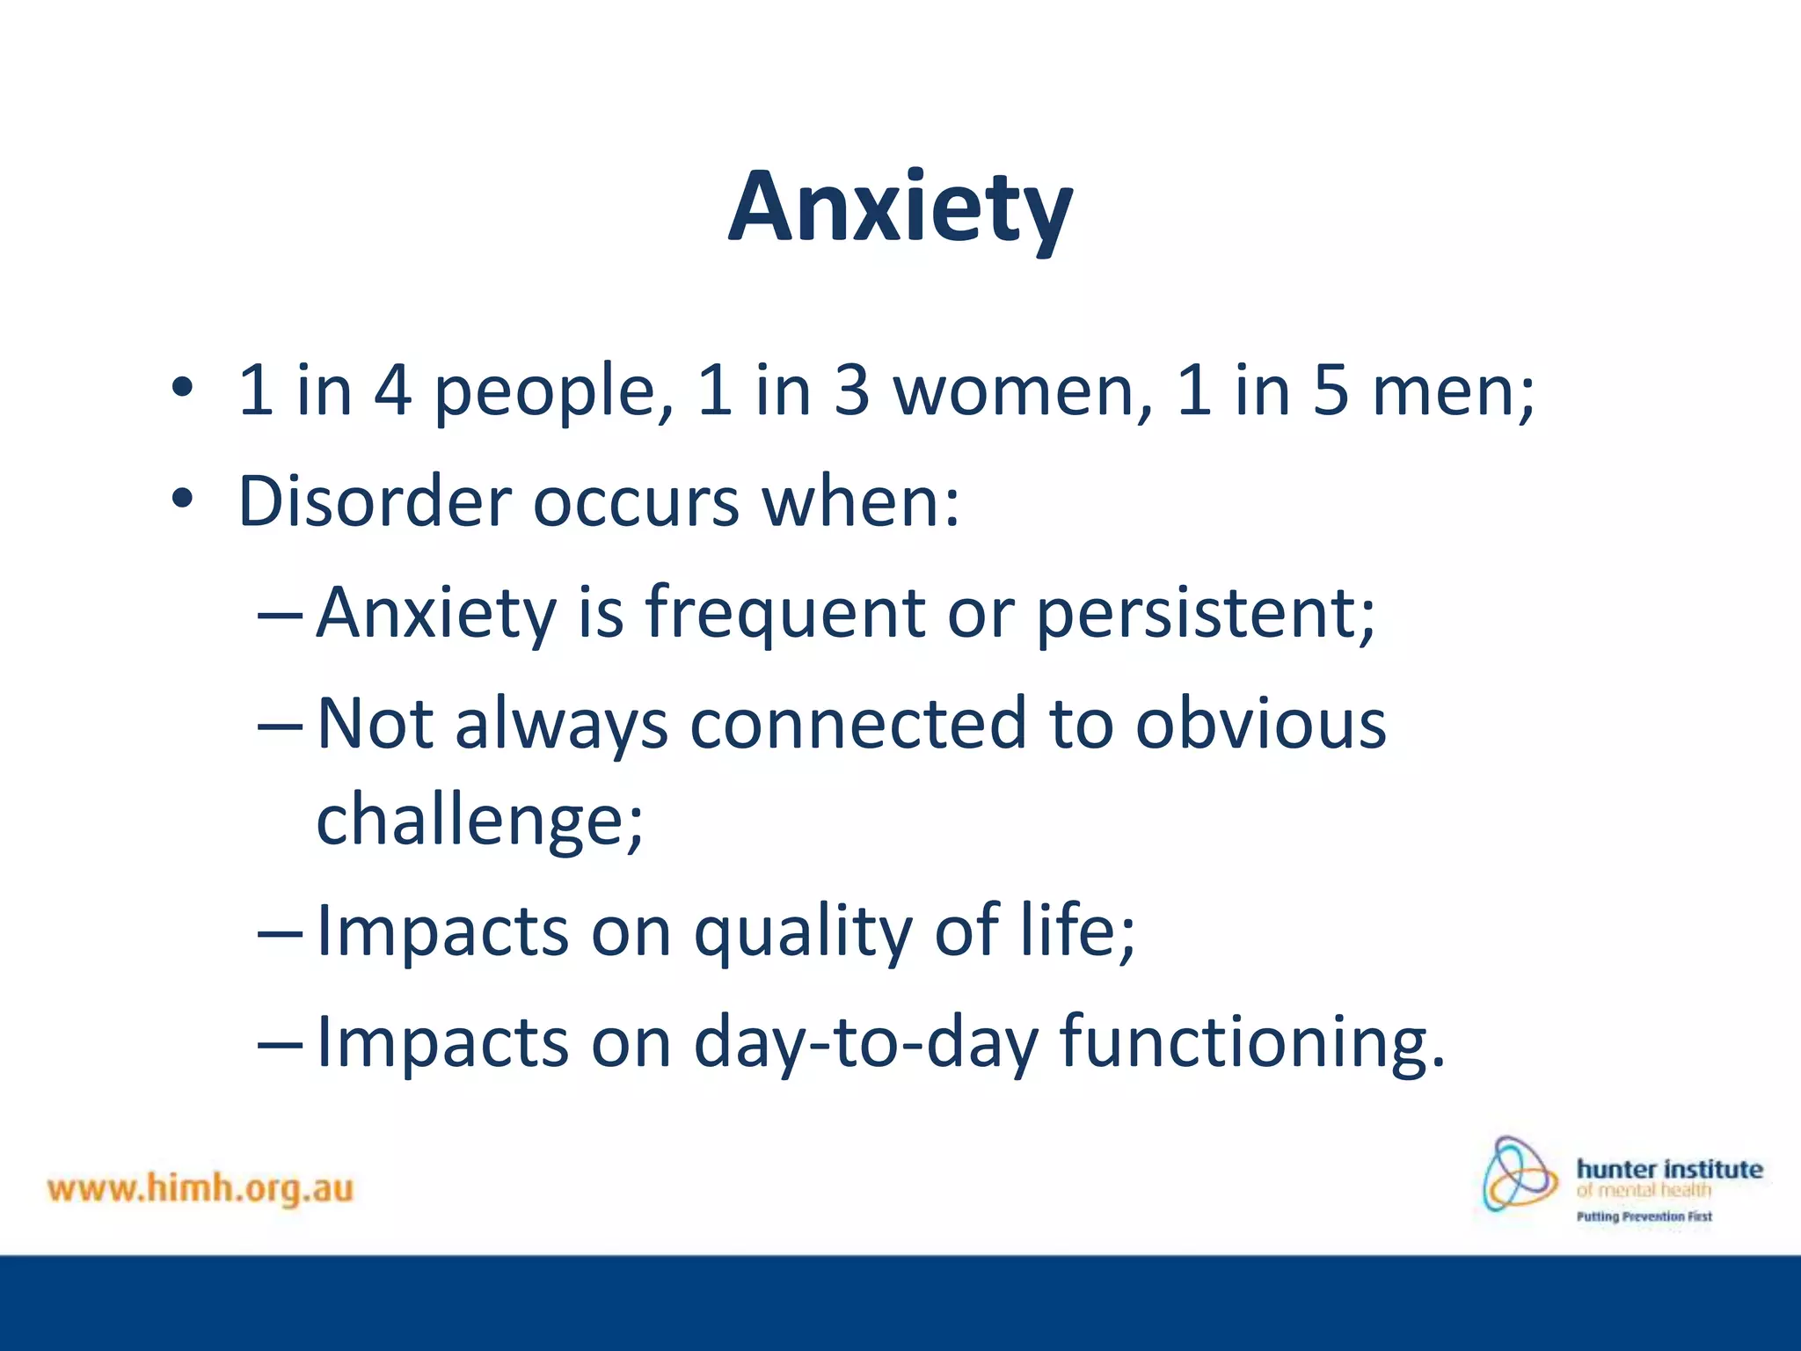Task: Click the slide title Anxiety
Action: tap(900, 208)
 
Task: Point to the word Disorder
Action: tap(375, 501)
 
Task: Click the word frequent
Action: tap(784, 613)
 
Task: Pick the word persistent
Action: tap(1205, 613)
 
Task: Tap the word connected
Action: tap(858, 724)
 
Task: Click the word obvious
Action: tap(1260, 724)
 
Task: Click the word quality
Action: tap(803, 931)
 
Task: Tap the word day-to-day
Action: tap(866, 1042)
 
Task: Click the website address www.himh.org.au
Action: tap(201, 1188)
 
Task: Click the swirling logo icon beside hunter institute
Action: tap(1519, 1174)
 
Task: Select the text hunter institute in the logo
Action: tap(1669, 1169)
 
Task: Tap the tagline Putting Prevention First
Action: tap(1644, 1216)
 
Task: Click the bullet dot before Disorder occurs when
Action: tap(182, 499)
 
